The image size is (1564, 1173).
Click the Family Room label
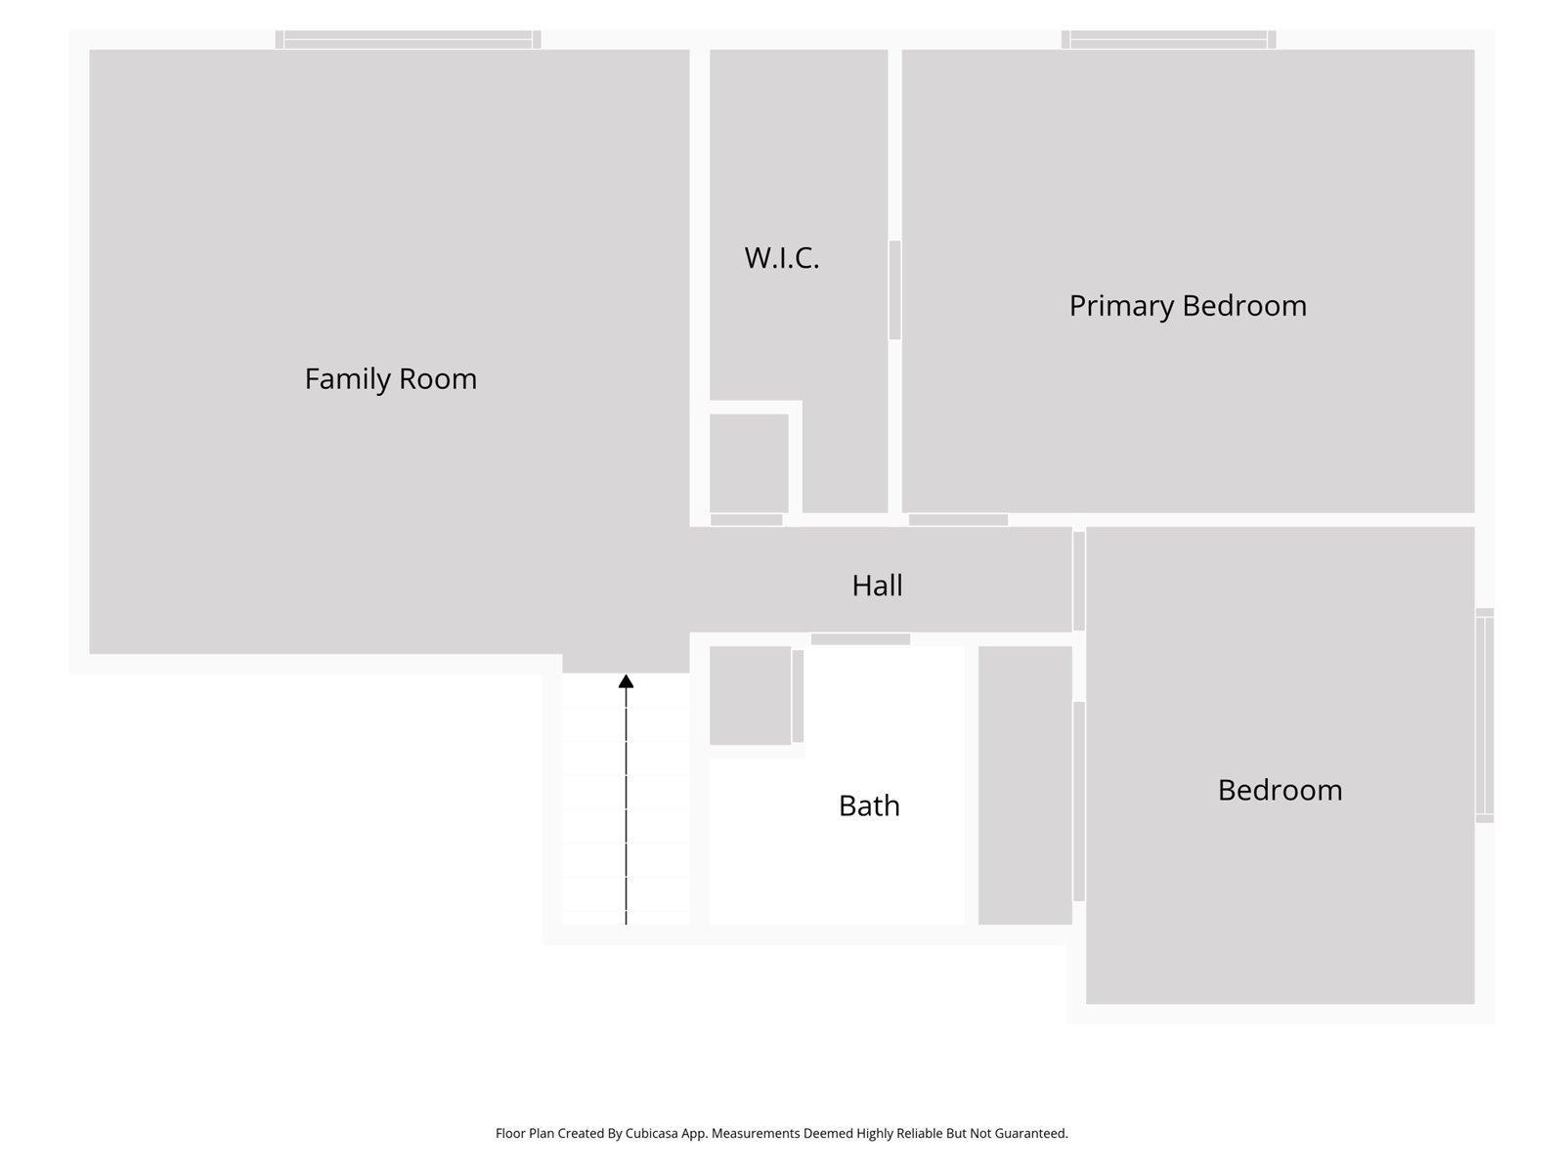[390, 379]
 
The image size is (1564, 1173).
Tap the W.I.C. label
[781, 258]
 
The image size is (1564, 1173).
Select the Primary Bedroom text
[1187, 306]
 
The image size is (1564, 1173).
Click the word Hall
[877, 586]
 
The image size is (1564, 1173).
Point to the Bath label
[869, 805]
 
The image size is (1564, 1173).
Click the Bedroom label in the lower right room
[1279, 790]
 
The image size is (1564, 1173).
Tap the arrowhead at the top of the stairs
[626, 681]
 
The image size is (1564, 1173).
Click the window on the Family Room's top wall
[408, 39]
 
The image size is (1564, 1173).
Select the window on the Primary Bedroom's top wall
[1168, 39]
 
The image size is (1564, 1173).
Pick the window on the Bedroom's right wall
[1484, 716]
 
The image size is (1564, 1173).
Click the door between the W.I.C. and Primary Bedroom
[894, 290]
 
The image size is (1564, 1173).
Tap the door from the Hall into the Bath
[860, 639]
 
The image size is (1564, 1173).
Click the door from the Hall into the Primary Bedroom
[958, 520]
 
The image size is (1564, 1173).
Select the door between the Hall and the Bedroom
[1079, 581]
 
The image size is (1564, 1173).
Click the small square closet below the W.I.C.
[749, 462]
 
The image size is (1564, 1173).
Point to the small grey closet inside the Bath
[750, 695]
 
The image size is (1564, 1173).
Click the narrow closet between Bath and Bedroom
[1024, 785]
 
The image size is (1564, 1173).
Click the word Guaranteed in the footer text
[1031, 1134]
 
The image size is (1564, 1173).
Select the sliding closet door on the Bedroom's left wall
[1079, 802]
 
